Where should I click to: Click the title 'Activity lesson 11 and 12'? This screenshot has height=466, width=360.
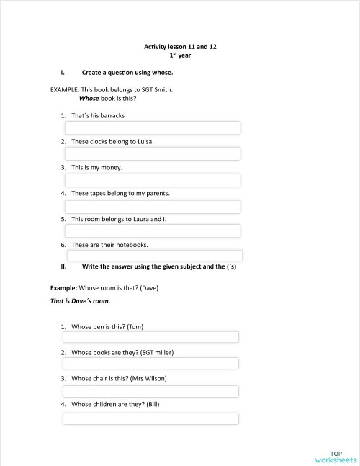(x=180, y=46)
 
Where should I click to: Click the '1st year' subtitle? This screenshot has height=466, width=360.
(x=180, y=55)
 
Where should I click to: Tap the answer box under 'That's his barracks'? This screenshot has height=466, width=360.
(x=153, y=128)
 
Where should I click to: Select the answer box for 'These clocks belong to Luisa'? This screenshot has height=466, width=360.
(x=153, y=154)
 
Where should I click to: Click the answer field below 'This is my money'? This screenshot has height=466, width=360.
(x=153, y=180)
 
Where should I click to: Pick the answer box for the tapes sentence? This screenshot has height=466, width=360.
(x=153, y=207)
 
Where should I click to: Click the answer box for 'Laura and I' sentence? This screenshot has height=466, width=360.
(x=153, y=231)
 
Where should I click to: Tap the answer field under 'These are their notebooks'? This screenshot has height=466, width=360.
(x=155, y=256)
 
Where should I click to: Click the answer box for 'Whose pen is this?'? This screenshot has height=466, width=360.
(x=150, y=337)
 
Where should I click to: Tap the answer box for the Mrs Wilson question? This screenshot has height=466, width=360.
(x=150, y=391)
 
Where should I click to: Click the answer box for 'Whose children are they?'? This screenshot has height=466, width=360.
(x=150, y=418)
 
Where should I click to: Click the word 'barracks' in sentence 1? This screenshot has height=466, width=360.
(x=119, y=115)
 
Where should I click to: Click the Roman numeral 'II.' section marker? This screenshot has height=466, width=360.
(x=64, y=266)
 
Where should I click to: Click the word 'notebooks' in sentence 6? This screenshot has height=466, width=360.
(x=132, y=245)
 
